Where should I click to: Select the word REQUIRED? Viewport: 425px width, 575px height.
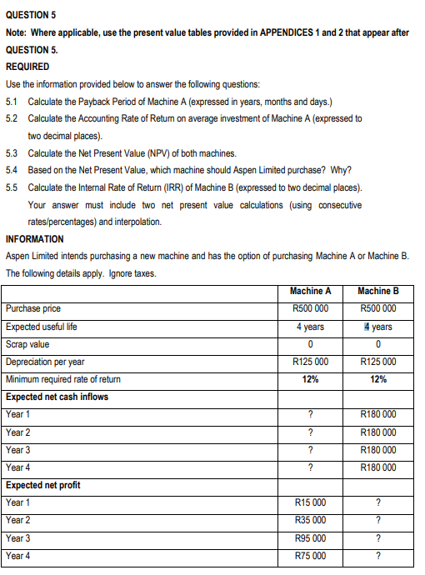pyautogui.click(x=27, y=67)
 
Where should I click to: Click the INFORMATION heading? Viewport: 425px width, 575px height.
pyautogui.click(x=33, y=238)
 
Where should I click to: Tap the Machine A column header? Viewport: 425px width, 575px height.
pyautogui.click(x=311, y=291)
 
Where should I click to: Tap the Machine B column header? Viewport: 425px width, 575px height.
pyautogui.click(x=377, y=291)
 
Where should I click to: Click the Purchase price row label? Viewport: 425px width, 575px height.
pyautogui.click(x=33, y=308)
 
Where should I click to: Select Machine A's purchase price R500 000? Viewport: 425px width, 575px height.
pyautogui.click(x=311, y=308)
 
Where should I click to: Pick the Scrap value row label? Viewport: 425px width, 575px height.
pyautogui.click(x=27, y=344)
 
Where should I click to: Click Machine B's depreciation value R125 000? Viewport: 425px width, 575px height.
pyautogui.click(x=377, y=362)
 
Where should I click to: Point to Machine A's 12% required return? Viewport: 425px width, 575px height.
pyautogui.click(x=311, y=379)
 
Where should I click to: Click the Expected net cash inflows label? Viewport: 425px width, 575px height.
pyautogui.click(x=57, y=397)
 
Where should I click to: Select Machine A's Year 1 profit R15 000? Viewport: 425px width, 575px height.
pyautogui.click(x=311, y=502)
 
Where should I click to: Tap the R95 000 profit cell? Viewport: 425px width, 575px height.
pyautogui.click(x=311, y=538)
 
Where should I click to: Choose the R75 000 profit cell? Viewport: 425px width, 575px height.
pyautogui.click(x=311, y=556)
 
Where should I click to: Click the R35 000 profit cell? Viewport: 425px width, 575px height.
pyautogui.click(x=311, y=520)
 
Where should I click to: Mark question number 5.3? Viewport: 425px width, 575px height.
pyautogui.click(x=12, y=153)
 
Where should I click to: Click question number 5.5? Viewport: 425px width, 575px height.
pyautogui.click(x=12, y=187)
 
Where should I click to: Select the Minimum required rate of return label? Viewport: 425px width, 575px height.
pyautogui.click(x=63, y=379)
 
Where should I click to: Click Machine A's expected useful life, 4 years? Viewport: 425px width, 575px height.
pyautogui.click(x=311, y=327)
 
